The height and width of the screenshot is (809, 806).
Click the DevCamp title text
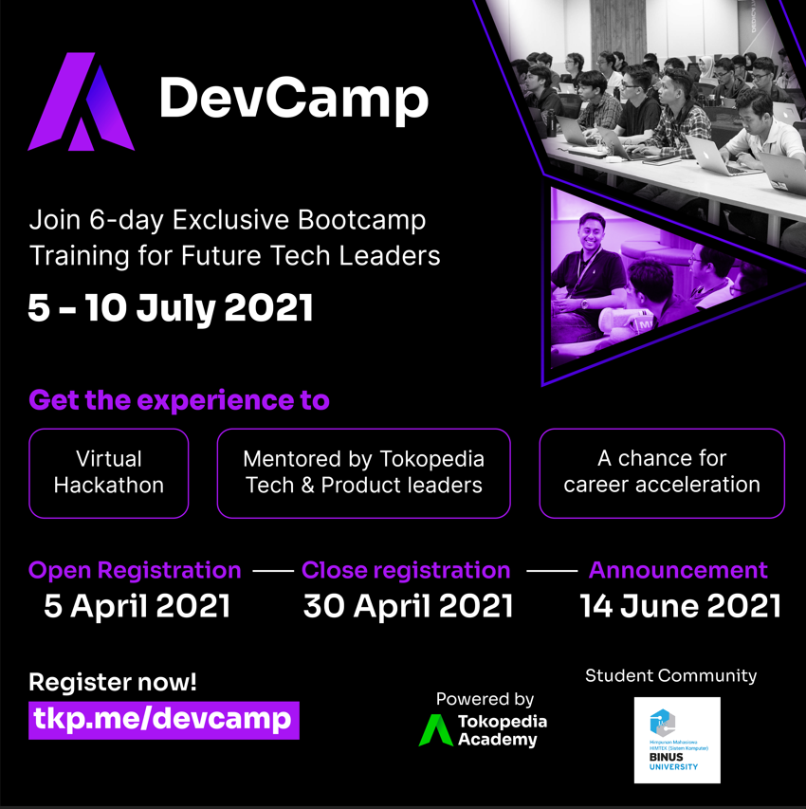tap(293, 98)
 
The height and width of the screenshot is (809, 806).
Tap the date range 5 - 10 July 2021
tap(171, 308)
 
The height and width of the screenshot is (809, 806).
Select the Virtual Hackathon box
tap(109, 472)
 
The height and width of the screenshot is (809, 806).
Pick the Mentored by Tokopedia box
tap(364, 472)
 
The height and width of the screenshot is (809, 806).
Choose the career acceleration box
tap(662, 472)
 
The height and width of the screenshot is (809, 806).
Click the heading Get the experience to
tap(179, 400)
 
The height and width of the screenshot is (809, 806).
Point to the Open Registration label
tap(135, 570)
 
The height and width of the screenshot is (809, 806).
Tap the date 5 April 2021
tap(137, 606)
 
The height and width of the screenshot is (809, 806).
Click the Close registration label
tap(406, 570)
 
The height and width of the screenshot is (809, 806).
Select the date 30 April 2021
tap(408, 606)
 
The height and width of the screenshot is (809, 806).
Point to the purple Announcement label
tap(678, 570)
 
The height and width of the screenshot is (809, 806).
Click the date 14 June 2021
tap(681, 606)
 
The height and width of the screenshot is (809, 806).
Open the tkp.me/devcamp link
tap(163, 719)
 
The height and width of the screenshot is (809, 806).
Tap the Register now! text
tap(113, 681)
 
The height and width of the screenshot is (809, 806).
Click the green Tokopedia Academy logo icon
tap(436, 730)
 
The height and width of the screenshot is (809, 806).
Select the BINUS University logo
tap(677, 740)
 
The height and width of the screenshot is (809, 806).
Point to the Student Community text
tap(670, 675)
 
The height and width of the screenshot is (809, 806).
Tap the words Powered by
tap(485, 699)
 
